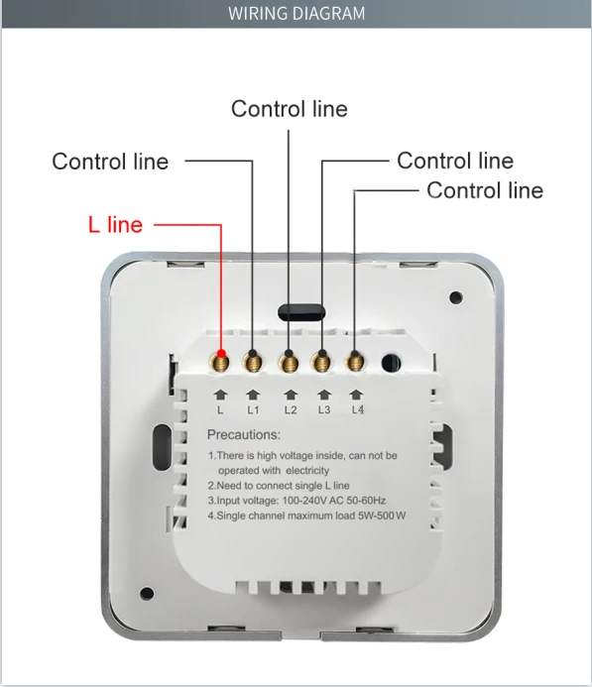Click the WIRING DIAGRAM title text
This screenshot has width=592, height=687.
point(296,13)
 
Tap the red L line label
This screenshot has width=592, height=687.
point(115,225)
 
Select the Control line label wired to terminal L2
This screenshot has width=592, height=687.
point(290,108)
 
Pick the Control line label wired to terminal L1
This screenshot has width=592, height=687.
point(110,161)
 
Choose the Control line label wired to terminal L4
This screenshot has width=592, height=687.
point(485,189)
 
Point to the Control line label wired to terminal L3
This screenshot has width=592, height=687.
point(455,161)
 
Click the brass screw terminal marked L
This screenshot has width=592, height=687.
point(221,360)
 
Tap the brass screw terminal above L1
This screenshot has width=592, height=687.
point(254,361)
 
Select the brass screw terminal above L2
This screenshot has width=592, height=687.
point(289,361)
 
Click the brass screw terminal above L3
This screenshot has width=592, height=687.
point(322,361)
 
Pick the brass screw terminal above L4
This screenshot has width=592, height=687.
point(355,361)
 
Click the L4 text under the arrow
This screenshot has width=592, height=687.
point(358,408)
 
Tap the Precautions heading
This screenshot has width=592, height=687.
point(244,434)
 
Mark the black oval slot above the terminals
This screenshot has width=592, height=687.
point(299,311)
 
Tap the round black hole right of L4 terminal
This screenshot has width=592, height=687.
point(391,364)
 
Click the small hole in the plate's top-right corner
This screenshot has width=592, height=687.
point(455,296)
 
